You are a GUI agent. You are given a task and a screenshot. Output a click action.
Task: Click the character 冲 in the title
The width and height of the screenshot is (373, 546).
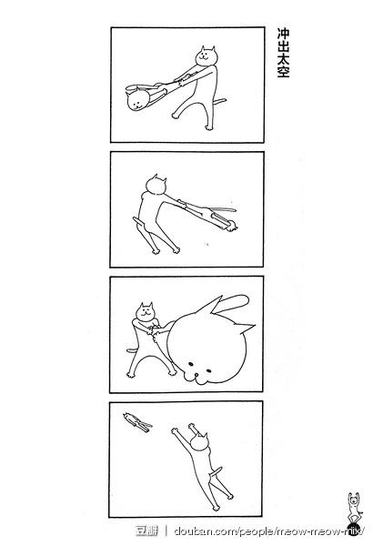coord(283,34)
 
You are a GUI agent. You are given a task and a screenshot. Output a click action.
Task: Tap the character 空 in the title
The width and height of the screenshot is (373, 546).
coord(283,71)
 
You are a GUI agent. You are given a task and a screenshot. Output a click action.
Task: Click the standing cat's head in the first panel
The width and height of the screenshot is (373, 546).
coord(207,56)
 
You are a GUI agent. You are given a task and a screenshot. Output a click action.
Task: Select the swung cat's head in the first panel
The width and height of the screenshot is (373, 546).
coord(137,99)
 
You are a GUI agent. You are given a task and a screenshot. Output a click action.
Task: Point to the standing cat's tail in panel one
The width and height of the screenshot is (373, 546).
coord(220,102)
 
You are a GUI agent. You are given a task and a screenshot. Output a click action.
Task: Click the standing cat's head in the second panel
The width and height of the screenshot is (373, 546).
coord(156,185)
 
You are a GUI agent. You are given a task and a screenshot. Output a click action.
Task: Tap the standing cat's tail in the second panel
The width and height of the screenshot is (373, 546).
coord(137,222)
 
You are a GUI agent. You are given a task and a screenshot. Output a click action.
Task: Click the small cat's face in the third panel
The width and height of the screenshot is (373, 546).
coord(145,312)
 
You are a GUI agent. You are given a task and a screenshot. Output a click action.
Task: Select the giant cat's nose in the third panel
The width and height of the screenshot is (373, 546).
coord(197,375)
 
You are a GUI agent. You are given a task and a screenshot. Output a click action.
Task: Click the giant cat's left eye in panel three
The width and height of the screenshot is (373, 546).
coord(191,364)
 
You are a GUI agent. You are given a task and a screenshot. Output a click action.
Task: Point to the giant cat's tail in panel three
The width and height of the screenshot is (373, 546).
coord(232,303)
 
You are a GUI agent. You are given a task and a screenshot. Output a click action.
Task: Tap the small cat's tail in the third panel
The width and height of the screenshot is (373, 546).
coord(131,350)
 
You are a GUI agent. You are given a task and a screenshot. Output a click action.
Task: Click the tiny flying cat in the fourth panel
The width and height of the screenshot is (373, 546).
coord(137,421)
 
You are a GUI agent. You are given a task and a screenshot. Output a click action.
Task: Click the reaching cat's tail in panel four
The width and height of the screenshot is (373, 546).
coord(216,471)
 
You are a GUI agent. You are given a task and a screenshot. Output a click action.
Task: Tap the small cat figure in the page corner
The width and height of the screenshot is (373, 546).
coord(355,509)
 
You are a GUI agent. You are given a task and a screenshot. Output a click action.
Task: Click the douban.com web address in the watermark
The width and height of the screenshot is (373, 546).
coord(269,531)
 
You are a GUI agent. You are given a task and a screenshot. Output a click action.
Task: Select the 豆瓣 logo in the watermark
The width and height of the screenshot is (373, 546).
coord(146,531)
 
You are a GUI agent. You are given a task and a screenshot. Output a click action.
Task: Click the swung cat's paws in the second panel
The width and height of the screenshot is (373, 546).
coord(232,227)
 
